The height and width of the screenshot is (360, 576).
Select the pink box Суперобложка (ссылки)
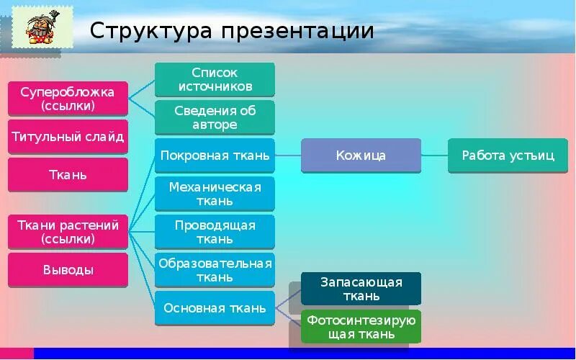click(68, 99)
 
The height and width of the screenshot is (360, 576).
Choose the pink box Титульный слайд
click(68, 137)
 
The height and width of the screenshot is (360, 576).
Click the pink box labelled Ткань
click(68, 175)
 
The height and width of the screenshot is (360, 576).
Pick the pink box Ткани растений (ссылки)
click(68, 232)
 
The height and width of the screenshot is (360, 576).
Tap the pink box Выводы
click(68, 270)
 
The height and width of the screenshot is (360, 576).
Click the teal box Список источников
click(215, 80)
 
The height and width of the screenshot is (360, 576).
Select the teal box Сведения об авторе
click(215, 117)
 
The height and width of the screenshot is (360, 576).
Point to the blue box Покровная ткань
click(215, 156)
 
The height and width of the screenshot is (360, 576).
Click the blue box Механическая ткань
click(215, 194)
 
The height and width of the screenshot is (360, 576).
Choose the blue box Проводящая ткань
click(215, 232)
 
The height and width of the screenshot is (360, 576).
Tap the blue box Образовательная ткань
click(215, 270)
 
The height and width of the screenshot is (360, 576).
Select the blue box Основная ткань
click(215, 308)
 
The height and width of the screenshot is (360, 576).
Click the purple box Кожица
click(361, 156)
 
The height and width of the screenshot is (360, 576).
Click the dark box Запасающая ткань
click(361, 289)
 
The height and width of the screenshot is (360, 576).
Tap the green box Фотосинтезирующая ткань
click(361, 327)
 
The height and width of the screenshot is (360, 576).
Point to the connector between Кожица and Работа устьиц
click(434, 156)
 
